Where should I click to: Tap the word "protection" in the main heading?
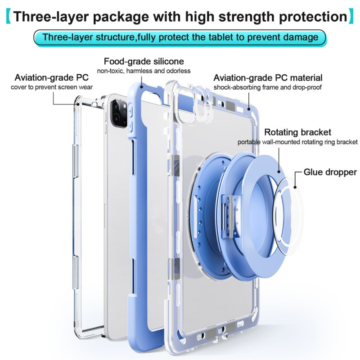coord(313,17)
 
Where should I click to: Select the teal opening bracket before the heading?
coord(8,16)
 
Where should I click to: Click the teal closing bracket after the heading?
coord(351,16)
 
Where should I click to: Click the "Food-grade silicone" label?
coord(144,61)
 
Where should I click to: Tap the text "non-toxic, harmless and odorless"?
coord(144,71)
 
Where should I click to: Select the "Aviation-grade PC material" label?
coord(268,78)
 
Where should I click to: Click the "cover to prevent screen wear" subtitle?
coord(52,87)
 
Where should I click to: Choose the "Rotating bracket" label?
coord(297,132)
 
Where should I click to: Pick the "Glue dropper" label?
coord(330,172)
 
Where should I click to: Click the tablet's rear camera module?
coord(119,113)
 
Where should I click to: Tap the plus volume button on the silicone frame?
coord(130,111)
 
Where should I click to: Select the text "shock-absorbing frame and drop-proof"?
coord(267,87)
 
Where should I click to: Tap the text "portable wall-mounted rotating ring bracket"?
coord(297,142)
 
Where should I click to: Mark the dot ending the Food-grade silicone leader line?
coord(142,87)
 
